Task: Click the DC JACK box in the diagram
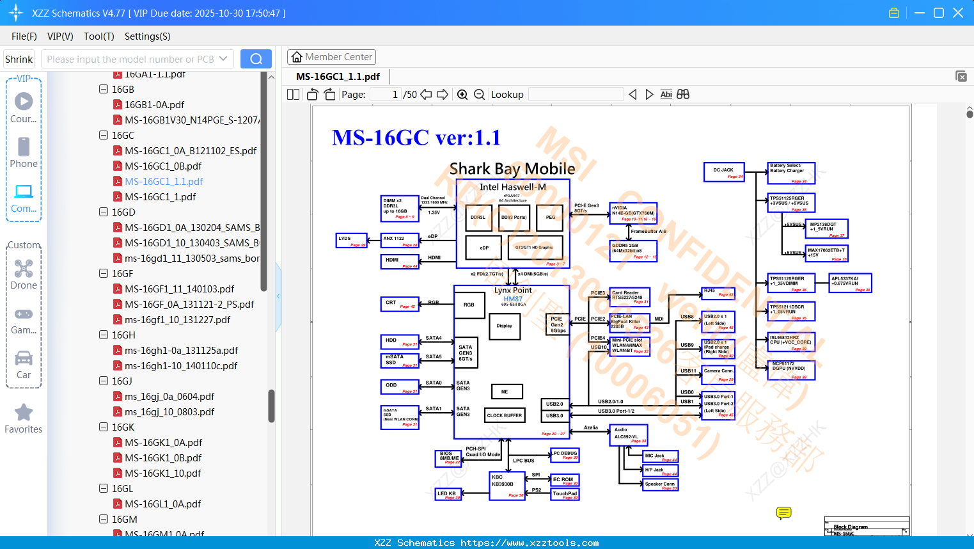(724, 173)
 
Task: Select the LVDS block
(351, 241)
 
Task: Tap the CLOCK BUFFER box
(505, 415)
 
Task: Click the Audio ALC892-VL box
(628, 434)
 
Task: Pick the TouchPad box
(565, 494)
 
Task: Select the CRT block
(400, 304)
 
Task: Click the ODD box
(400, 386)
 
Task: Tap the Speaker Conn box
(660, 484)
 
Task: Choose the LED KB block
(448, 494)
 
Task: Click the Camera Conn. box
(718, 374)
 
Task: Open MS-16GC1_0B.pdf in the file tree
(163, 166)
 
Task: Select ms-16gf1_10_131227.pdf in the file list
(177, 320)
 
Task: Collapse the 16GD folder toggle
(104, 212)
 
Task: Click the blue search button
(256, 59)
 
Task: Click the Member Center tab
(331, 57)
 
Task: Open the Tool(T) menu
(98, 36)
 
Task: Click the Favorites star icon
(24, 413)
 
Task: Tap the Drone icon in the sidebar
(24, 269)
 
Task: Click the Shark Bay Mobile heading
(512, 169)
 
